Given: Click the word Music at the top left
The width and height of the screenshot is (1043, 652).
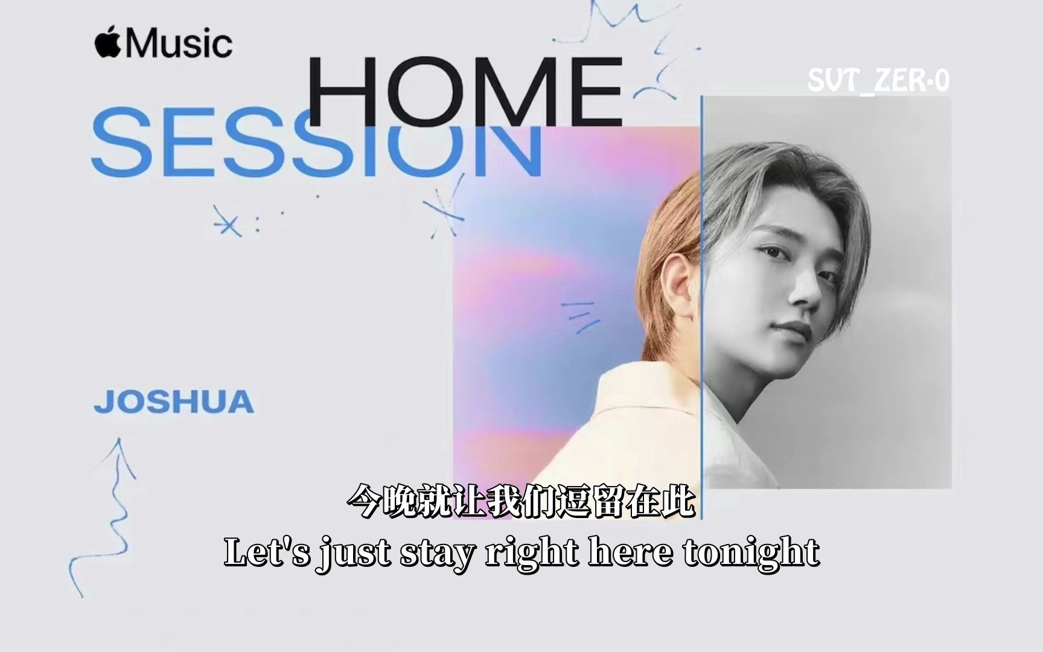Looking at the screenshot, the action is click(179, 43).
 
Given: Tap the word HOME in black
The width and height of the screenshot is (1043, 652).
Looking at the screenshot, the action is click(465, 92).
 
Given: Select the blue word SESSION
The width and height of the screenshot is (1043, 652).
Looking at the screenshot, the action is click(316, 142).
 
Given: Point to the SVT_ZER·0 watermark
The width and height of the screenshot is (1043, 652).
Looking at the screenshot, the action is click(878, 81).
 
